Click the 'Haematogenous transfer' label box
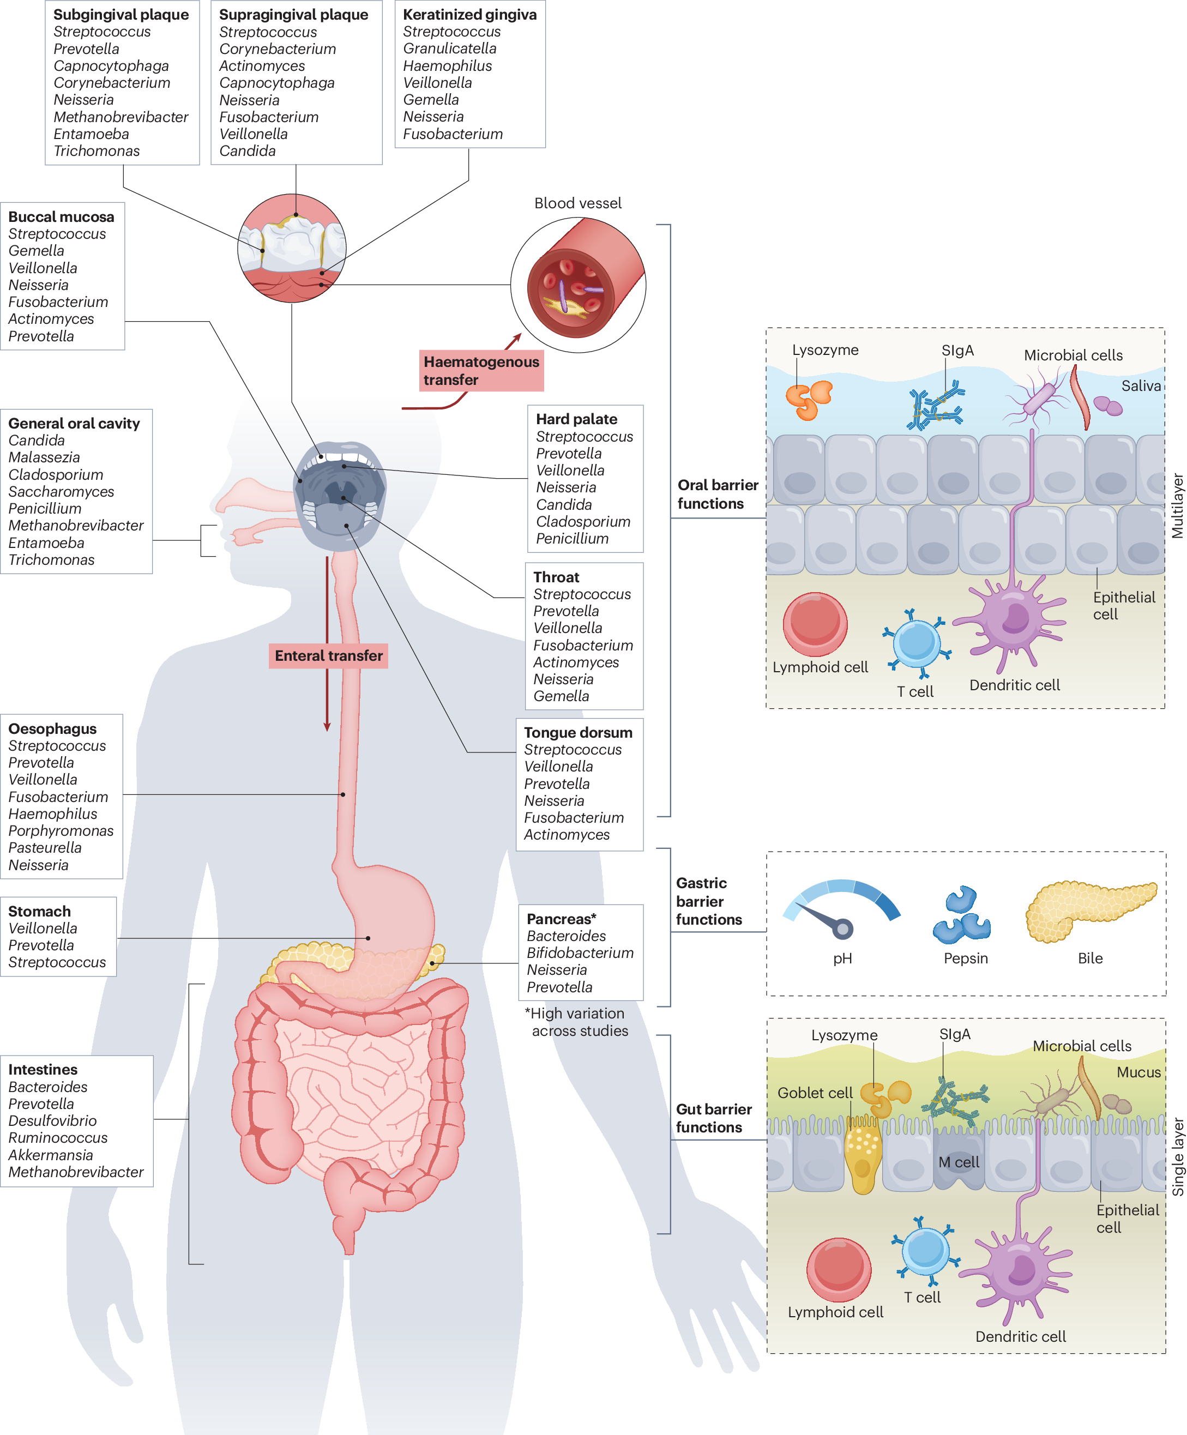480,370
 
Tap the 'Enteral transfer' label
328,655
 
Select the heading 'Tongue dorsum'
577,733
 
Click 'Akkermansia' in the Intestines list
51,1155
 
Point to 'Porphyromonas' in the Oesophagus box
61,831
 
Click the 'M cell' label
958,1162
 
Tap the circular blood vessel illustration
578,285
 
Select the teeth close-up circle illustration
292,248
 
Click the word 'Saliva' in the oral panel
1141,386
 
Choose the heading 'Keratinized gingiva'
469,14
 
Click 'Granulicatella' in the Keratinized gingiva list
450,49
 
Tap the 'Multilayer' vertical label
1177,505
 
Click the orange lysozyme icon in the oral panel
809,399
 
